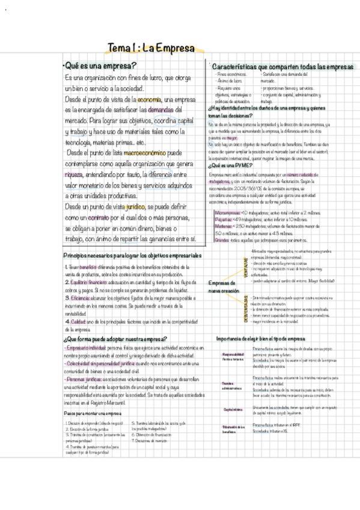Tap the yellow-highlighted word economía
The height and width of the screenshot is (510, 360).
click(x=149, y=99)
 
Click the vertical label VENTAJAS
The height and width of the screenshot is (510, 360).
click(x=245, y=265)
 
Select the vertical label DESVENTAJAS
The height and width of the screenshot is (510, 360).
click(x=245, y=309)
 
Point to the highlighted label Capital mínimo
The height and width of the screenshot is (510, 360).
click(x=233, y=409)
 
